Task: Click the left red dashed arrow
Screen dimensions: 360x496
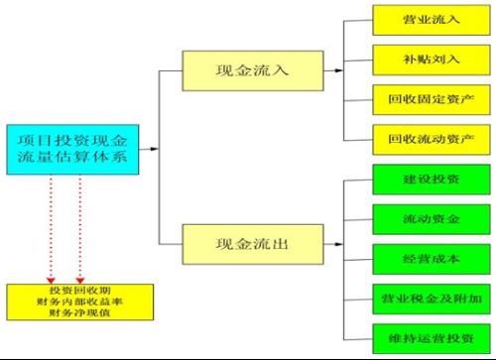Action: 50,228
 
